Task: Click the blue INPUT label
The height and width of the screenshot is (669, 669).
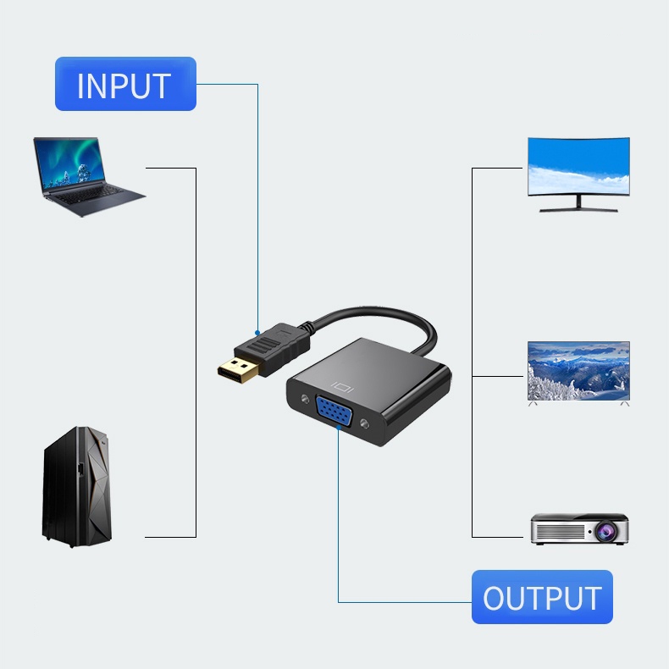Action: (125, 84)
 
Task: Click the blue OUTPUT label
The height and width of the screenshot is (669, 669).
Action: (542, 596)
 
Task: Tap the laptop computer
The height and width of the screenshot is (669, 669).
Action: (86, 176)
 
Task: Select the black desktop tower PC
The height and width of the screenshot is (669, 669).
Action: (77, 486)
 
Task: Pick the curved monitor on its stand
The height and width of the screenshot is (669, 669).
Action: (578, 174)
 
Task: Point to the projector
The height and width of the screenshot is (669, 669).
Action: (579, 529)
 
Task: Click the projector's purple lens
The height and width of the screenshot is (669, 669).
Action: (605, 532)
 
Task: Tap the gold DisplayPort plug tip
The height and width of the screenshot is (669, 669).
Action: (238, 370)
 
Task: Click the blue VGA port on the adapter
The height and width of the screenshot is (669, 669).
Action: (334, 411)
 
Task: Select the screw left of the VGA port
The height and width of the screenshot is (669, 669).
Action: (305, 400)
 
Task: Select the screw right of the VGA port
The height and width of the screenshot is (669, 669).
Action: (364, 423)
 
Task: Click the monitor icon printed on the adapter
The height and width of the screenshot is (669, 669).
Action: (342, 387)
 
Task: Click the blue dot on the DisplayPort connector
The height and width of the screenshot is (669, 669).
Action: (257, 333)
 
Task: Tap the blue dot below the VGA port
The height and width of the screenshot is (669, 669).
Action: (339, 428)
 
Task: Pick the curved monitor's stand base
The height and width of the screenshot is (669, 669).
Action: (578, 209)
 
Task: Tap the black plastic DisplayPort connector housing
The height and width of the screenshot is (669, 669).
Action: (273, 349)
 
